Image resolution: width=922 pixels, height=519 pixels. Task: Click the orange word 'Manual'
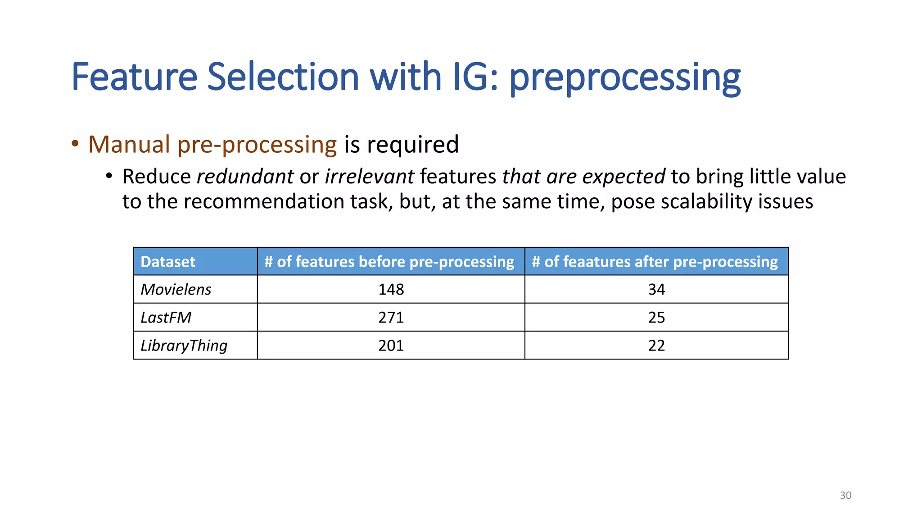click(129, 145)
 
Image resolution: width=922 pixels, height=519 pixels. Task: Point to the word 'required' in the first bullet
click(413, 146)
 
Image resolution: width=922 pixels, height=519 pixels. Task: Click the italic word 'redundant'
click(245, 177)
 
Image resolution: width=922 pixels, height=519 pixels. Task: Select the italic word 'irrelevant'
click(370, 177)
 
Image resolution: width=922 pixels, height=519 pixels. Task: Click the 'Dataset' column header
click(168, 262)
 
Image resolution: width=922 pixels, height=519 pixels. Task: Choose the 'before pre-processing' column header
click(390, 262)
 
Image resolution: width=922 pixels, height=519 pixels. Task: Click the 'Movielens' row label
click(176, 289)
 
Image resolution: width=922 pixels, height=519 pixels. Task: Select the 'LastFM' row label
click(166, 318)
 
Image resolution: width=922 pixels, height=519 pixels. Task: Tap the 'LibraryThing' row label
click(184, 346)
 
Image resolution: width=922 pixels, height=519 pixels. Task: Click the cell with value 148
click(391, 289)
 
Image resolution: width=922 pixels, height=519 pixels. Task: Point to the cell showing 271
click(391, 318)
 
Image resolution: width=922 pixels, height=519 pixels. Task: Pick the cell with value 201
click(391, 346)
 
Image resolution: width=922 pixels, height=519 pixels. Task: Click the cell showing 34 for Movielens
click(656, 289)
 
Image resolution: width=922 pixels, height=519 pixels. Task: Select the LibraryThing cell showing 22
click(656, 346)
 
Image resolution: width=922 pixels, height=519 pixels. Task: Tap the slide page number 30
click(845, 495)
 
